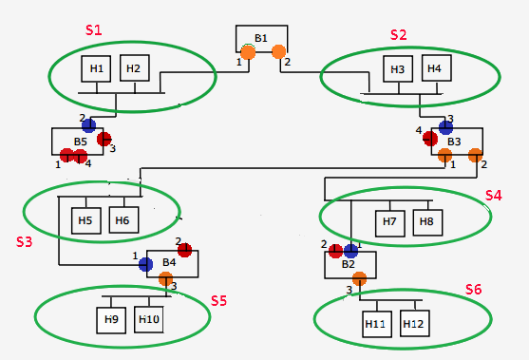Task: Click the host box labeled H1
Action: click(x=96, y=68)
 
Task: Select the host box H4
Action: click(x=433, y=68)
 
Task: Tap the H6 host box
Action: click(x=123, y=220)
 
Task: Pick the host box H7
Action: click(x=389, y=221)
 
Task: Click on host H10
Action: click(x=149, y=319)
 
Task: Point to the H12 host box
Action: click(x=413, y=324)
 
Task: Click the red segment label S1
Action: click(x=94, y=29)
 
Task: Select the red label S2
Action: click(x=399, y=34)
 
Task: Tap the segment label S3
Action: click(x=25, y=241)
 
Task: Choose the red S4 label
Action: click(x=493, y=195)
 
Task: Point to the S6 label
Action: click(x=473, y=289)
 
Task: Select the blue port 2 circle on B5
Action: click(x=88, y=125)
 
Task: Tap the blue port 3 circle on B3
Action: click(x=445, y=126)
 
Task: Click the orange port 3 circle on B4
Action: click(x=166, y=278)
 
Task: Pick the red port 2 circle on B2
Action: click(x=335, y=251)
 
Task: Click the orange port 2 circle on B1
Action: click(x=279, y=51)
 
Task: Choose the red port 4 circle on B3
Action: click(x=430, y=138)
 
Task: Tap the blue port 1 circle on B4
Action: click(x=145, y=264)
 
